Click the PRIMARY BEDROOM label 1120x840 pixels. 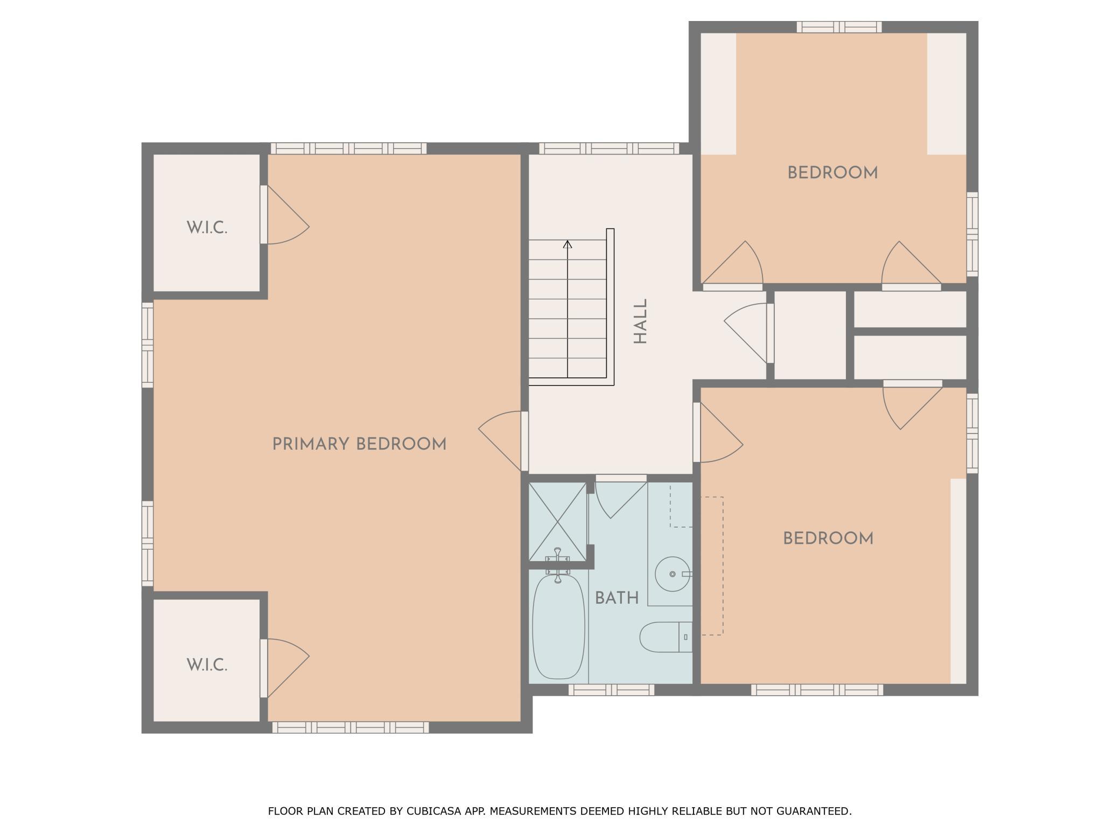[x=359, y=444]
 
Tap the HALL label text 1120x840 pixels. [x=640, y=321]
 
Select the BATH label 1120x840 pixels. [x=617, y=598]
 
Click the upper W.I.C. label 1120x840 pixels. [x=207, y=228]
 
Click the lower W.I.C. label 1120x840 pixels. [x=207, y=665]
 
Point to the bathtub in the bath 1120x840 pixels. [x=558, y=627]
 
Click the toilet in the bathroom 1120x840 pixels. [x=666, y=637]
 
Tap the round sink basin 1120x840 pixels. [x=673, y=574]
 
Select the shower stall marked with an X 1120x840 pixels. [x=558, y=521]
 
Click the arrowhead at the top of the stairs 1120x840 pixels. [x=568, y=244]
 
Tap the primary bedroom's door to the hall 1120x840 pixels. [x=500, y=441]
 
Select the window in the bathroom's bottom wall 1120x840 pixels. [x=611, y=690]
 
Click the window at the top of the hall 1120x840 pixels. [x=609, y=149]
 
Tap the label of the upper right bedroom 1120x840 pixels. [x=832, y=173]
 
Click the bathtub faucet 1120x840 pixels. [x=558, y=565]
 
